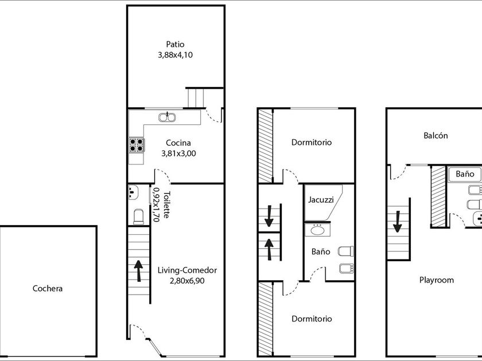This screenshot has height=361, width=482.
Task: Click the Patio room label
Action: pyautogui.click(x=175, y=44)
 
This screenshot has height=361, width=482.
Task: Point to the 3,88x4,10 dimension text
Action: pyautogui.click(x=175, y=55)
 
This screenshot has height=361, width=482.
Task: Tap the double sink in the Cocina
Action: pyautogui.click(x=167, y=117)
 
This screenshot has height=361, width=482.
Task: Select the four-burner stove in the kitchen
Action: pyautogui.click(x=137, y=145)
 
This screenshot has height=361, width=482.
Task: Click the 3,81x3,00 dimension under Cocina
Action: pyautogui.click(x=178, y=154)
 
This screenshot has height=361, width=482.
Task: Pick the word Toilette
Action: pyautogui.click(x=166, y=205)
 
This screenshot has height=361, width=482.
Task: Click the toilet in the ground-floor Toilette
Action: pyautogui.click(x=139, y=217)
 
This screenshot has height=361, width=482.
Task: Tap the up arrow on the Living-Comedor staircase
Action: pyautogui.click(x=139, y=270)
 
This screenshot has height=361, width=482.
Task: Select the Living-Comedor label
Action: pyautogui.click(x=187, y=270)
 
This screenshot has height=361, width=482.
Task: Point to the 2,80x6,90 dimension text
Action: pyautogui.click(x=187, y=281)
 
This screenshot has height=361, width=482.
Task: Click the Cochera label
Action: pyautogui.click(x=48, y=289)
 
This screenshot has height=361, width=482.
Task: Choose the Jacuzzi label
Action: pyautogui.click(x=321, y=200)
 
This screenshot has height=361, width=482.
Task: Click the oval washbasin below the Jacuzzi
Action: pyautogui.click(x=317, y=230)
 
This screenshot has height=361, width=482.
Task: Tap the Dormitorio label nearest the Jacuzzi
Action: pyautogui.click(x=312, y=143)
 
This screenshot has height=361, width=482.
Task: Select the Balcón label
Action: pyautogui.click(x=436, y=135)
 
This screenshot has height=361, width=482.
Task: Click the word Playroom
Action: pyautogui.click(x=437, y=280)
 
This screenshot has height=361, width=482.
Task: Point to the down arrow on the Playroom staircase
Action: pyautogui.click(x=398, y=222)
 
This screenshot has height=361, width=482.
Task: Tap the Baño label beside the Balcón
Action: pyautogui.click(x=465, y=174)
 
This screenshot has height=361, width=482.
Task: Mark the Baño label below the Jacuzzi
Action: pyautogui.click(x=321, y=252)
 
